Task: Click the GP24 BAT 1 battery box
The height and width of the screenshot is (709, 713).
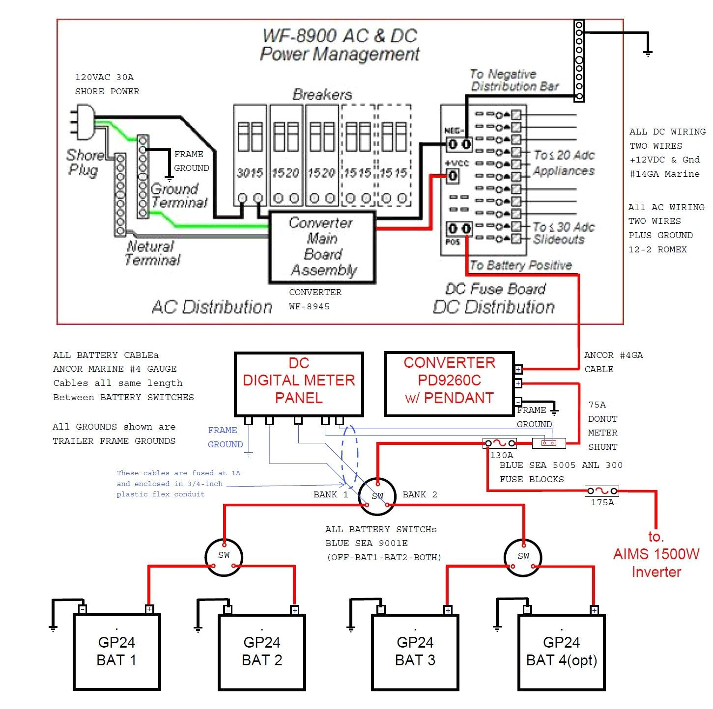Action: [x=117, y=652]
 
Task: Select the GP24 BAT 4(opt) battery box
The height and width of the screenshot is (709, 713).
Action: [x=562, y=652]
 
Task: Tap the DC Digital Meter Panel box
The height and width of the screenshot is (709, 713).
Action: [x=299, y=383]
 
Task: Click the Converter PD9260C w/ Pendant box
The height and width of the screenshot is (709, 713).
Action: [x=449, y=383]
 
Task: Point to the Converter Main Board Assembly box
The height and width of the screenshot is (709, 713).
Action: [x=322, y=247]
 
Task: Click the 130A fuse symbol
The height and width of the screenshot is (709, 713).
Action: [x=499, y=443]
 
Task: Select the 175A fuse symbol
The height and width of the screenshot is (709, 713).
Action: [x=601, y=491]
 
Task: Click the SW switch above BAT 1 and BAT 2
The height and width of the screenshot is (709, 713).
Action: [x=224, y=556]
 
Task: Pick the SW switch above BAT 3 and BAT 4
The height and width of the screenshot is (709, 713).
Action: [x=523, y=556]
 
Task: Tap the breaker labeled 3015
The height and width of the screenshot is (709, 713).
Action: [x=250, y=155]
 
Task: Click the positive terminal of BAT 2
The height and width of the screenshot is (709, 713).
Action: [x=294, y=610]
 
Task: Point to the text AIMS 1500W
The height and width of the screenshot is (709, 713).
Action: [x=656, y=554]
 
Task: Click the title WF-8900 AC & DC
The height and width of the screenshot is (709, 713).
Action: [x=339, y=36]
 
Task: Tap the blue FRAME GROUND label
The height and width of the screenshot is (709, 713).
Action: [x=225, y=437]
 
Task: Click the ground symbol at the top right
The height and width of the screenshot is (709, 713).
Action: [x=648, y=53]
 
